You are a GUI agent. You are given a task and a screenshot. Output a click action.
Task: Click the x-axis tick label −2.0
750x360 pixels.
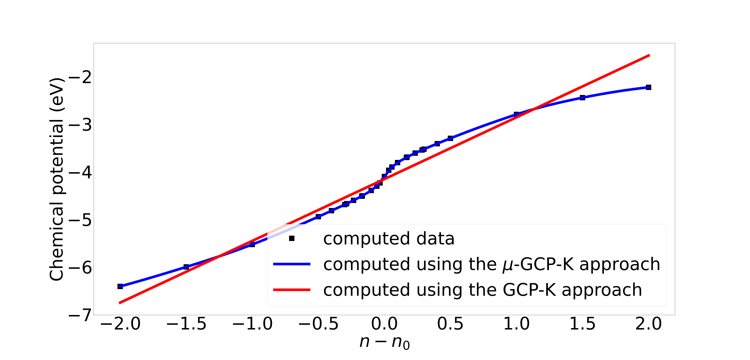tap(120, 324)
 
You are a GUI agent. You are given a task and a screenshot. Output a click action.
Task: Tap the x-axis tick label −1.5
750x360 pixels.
tap(186, 324)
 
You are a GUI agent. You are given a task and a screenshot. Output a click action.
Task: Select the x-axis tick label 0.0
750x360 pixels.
tap(384, 324)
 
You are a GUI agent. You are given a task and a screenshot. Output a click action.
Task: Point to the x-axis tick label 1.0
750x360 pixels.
tap(516, 324)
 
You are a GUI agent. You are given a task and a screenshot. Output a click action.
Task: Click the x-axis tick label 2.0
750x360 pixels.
tap(648, 324)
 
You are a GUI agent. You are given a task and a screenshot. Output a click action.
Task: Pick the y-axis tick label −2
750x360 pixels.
tap(80, 77)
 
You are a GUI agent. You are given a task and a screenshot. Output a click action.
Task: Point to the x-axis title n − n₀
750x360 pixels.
tap(384, 342)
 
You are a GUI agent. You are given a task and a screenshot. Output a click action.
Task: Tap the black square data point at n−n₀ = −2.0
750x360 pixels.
tap(120, 286)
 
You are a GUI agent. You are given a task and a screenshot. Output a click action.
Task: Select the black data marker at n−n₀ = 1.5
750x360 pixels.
tap(582, 98)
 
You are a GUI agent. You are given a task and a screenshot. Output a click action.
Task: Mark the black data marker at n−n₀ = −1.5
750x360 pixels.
tap(186, 267)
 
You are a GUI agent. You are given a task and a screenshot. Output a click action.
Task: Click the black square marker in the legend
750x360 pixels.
tap(292, 239)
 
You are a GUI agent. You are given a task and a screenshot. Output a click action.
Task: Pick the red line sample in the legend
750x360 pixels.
tap(292, 290)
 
